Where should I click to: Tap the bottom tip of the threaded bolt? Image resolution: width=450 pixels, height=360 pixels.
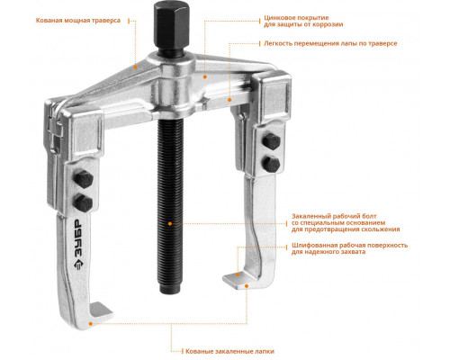(170, 292)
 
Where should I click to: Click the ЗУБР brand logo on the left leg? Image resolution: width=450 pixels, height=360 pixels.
(77, 245)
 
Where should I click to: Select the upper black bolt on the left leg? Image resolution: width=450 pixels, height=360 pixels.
(83, 179)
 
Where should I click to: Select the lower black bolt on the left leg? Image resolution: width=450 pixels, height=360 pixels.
(83, 203)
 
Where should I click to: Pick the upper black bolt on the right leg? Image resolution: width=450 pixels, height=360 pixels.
(271, 141)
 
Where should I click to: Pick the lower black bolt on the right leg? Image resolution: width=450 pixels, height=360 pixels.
(272, 164)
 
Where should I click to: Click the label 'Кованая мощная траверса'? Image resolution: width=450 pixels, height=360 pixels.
(78, 21)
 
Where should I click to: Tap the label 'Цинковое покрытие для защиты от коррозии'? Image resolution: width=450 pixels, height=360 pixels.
(303, 21)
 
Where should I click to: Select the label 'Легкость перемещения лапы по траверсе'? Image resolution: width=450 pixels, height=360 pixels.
(330, 43)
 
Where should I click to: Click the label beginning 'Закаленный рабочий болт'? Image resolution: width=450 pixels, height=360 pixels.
(346, 222)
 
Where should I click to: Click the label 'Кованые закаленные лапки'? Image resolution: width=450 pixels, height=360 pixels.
(229, 351)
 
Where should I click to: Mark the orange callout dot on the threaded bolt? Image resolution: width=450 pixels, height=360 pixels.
(170, 223)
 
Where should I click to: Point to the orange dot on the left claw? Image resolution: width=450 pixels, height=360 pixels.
(90, 323)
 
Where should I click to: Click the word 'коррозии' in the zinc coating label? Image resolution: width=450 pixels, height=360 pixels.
(328, 24)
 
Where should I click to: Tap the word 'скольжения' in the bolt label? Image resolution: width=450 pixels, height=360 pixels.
(380, 229)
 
